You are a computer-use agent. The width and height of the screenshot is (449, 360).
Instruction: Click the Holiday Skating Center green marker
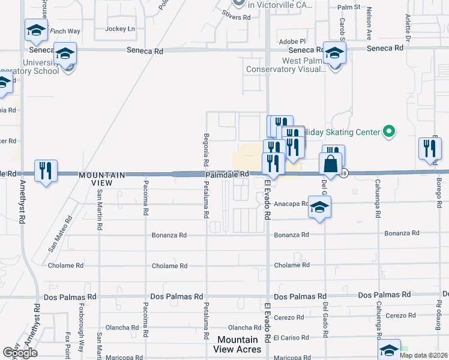pyautogui.click(x=389, y=131)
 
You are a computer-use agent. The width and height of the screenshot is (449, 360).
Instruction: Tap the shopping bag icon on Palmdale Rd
pyautogui.click(x=330, y=163)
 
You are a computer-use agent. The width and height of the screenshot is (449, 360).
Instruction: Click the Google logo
pyautogui.click(x=20, y=353)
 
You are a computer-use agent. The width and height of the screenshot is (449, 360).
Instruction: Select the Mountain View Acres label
pyautogui.click(x=239, y=344)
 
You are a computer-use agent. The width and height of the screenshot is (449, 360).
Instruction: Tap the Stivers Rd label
pyautogui.click(x=236, y=18)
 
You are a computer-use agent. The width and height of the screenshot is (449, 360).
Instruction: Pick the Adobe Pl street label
pyautogui.click(x=293, y=41)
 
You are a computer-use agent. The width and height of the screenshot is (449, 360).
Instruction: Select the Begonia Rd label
pyautogui.click(x=206, y=149)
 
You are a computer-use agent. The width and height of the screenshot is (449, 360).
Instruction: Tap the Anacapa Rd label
pyautogui.click(x=291, y=204)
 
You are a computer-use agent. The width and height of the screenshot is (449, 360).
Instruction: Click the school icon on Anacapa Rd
pyautogui.click(x=319, y=207)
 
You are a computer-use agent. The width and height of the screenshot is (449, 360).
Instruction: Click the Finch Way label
pyautogui.click(x=65, y=31)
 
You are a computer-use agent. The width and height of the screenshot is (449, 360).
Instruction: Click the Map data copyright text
pyautogui.click(x=424, y=355)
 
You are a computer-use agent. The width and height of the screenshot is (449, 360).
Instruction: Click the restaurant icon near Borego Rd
pyautogui.click(x=429, y=148)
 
